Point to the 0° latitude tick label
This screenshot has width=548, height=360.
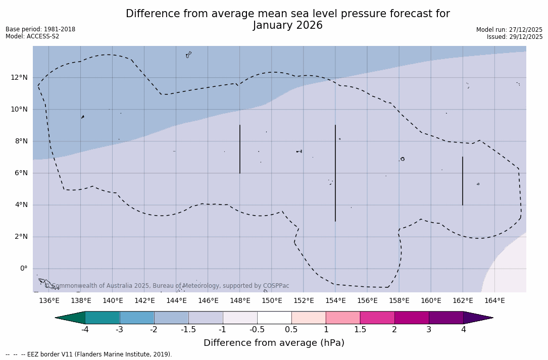point(24,269)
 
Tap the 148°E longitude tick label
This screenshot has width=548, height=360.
point(240,301)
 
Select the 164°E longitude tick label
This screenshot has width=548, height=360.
point(494,301)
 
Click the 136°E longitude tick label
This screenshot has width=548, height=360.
point(49,301)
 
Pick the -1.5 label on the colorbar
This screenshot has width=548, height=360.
point(188,330)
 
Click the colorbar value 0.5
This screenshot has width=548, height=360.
point(291,330)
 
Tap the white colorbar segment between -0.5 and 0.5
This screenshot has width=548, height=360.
point(274,318)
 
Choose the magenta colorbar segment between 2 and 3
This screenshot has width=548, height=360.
point(412,318)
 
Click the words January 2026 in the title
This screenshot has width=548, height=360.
point(287,26)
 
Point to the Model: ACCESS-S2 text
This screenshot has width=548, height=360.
point(32,36)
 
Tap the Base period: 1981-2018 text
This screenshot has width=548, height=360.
point(40,29)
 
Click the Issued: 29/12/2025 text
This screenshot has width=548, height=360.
point(515,37)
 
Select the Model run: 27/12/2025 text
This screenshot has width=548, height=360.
point(509,30)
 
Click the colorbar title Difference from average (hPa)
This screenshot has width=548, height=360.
point(274,343)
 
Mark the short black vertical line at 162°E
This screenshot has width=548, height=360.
point(462,181)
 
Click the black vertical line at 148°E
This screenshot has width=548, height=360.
point(240,149)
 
